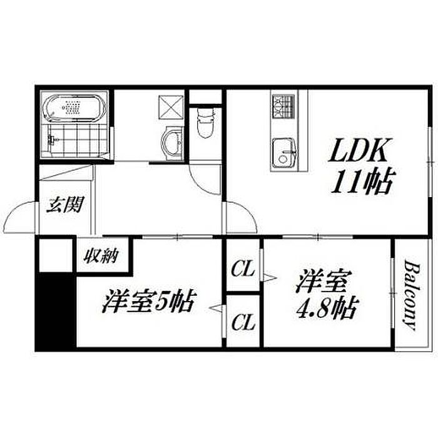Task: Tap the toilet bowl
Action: pos(206,123)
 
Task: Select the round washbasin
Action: pos(172,143)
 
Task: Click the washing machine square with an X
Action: pos(171,107)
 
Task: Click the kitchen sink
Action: pos(285,153)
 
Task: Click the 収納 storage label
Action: pos(101,255)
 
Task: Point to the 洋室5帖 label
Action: pos(148,302)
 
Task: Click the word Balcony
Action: pos(410,295)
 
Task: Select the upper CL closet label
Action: pos(243,269)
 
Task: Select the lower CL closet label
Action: pos(243,322)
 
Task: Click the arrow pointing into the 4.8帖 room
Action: pos(269,278)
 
